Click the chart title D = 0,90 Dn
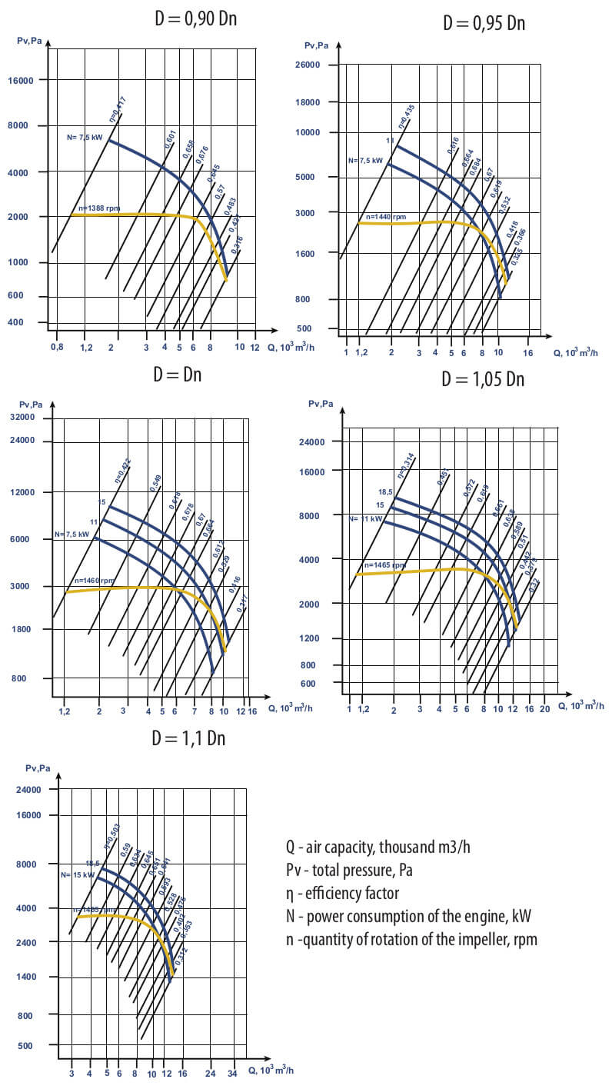coord(195,18)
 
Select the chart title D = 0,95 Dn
coord(484,23)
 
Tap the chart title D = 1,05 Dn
coord(483,379)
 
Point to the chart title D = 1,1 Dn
coord(188,738)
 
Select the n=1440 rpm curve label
coord(385,217)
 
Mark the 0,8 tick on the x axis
coord(57,347)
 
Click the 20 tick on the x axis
coord(544,708)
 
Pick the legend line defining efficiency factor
coord(342,894)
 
